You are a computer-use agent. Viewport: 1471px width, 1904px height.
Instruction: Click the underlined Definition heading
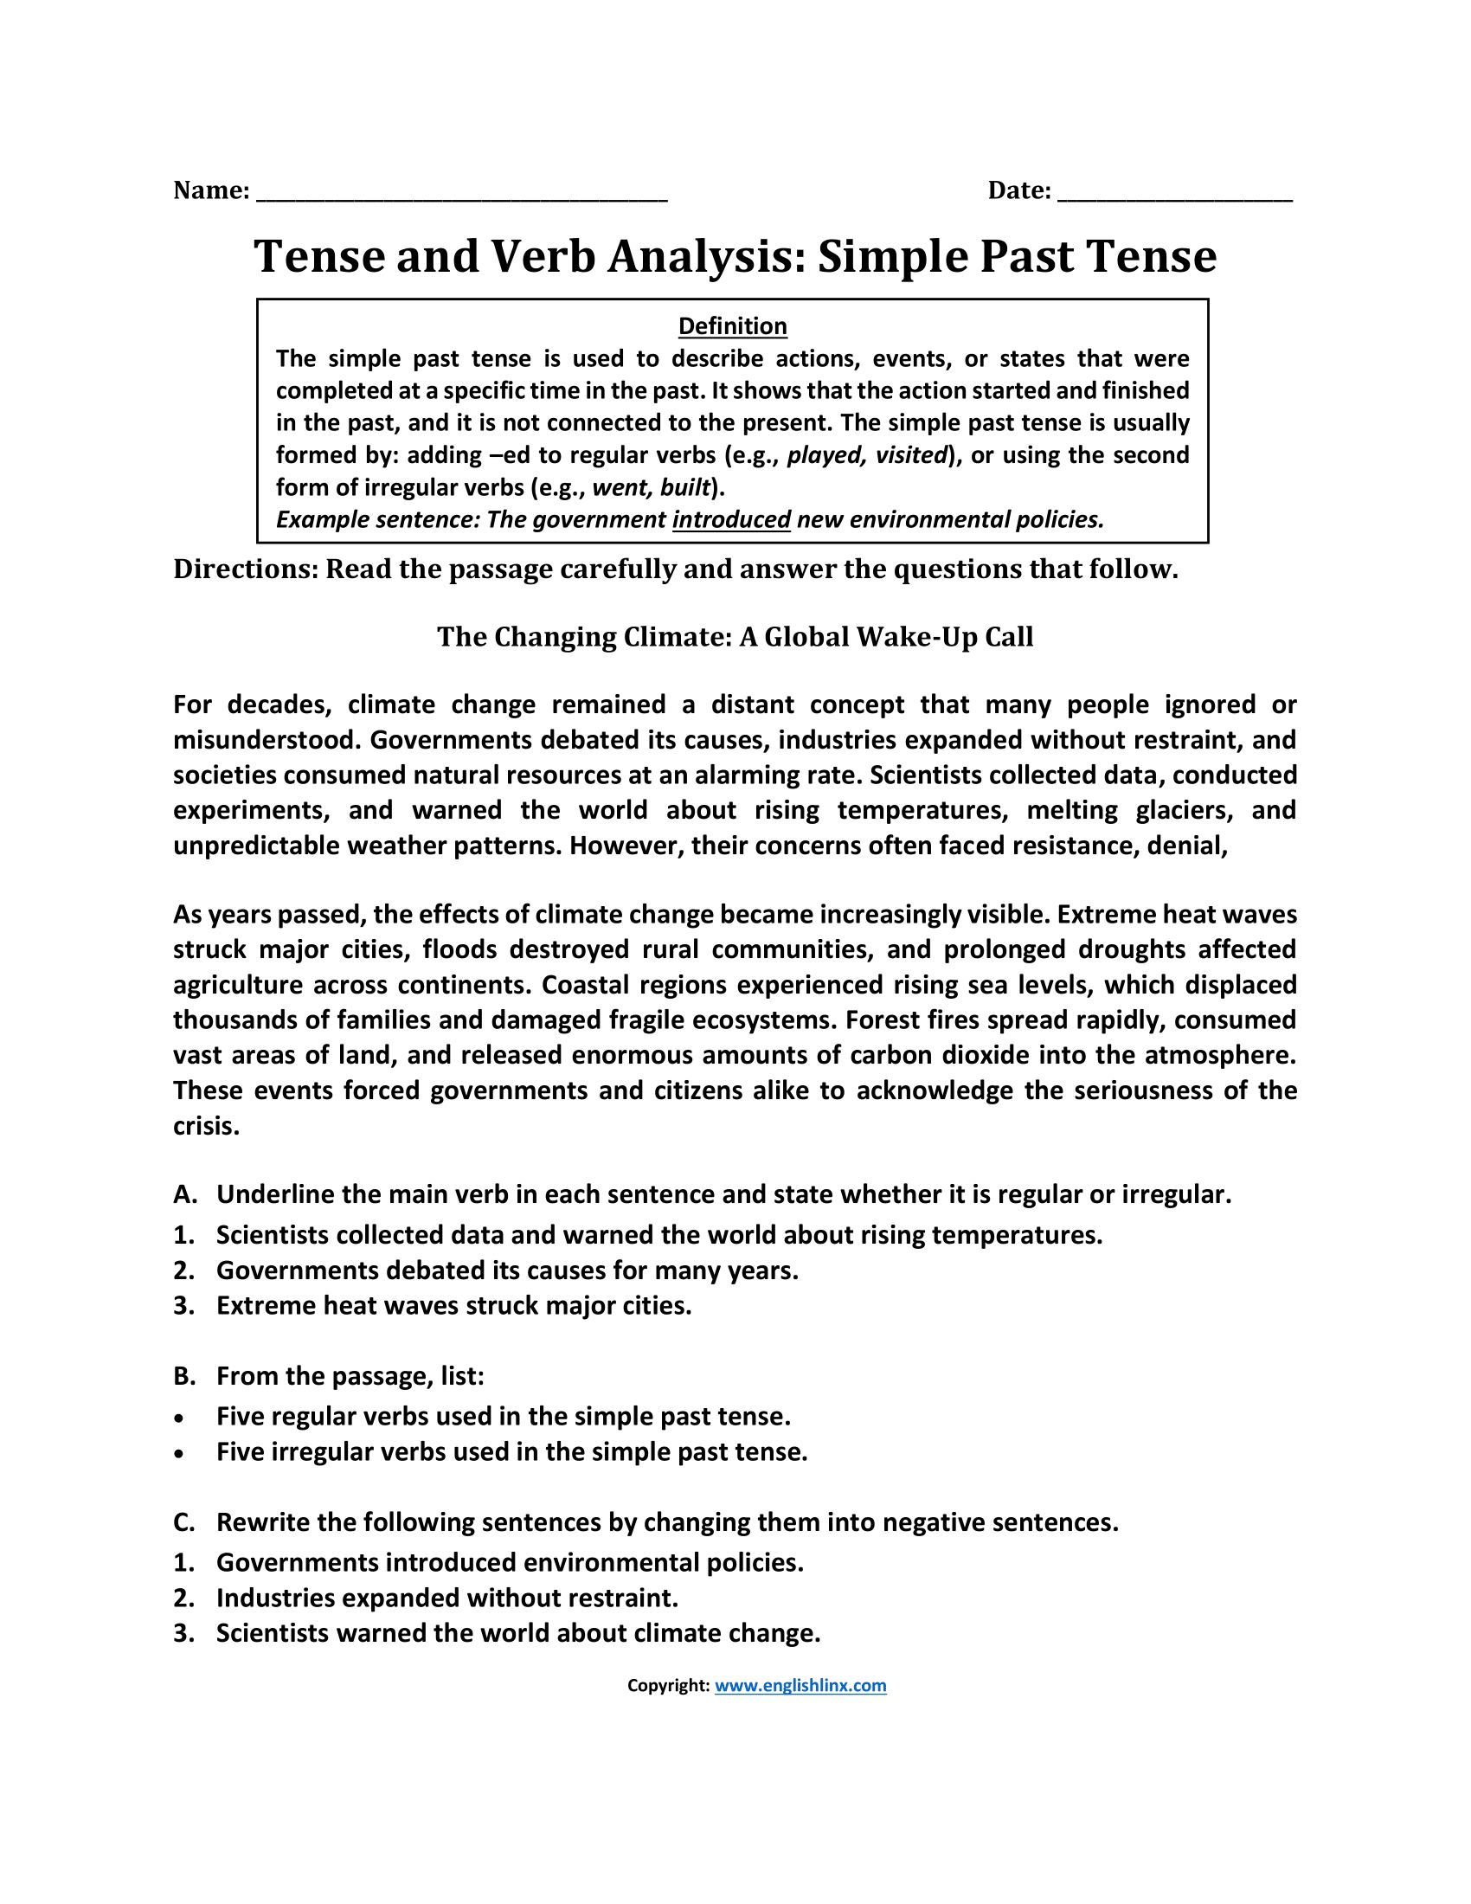pos(732,326)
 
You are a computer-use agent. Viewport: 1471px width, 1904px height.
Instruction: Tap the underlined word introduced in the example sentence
pos(731,519)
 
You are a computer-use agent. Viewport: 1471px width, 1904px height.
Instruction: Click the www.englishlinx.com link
pos(800,1685)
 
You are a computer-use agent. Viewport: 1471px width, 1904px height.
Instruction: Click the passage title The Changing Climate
pos(735,637)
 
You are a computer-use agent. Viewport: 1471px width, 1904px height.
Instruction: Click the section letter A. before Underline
pos(185,1194)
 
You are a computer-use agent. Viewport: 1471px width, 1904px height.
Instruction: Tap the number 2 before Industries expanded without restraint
pos(181,1598)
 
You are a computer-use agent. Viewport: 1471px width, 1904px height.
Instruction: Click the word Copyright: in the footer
pos(667,1685)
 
